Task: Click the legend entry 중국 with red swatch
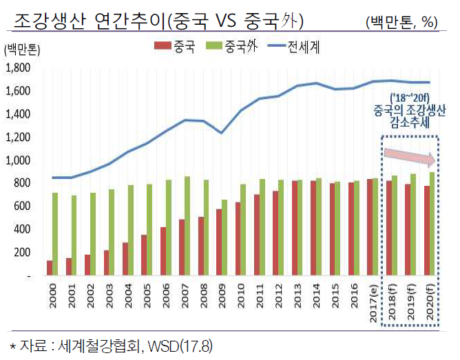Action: coord(174,47)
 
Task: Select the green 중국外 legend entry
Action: coord(231,47)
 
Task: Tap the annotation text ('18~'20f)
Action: coord(409,97)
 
